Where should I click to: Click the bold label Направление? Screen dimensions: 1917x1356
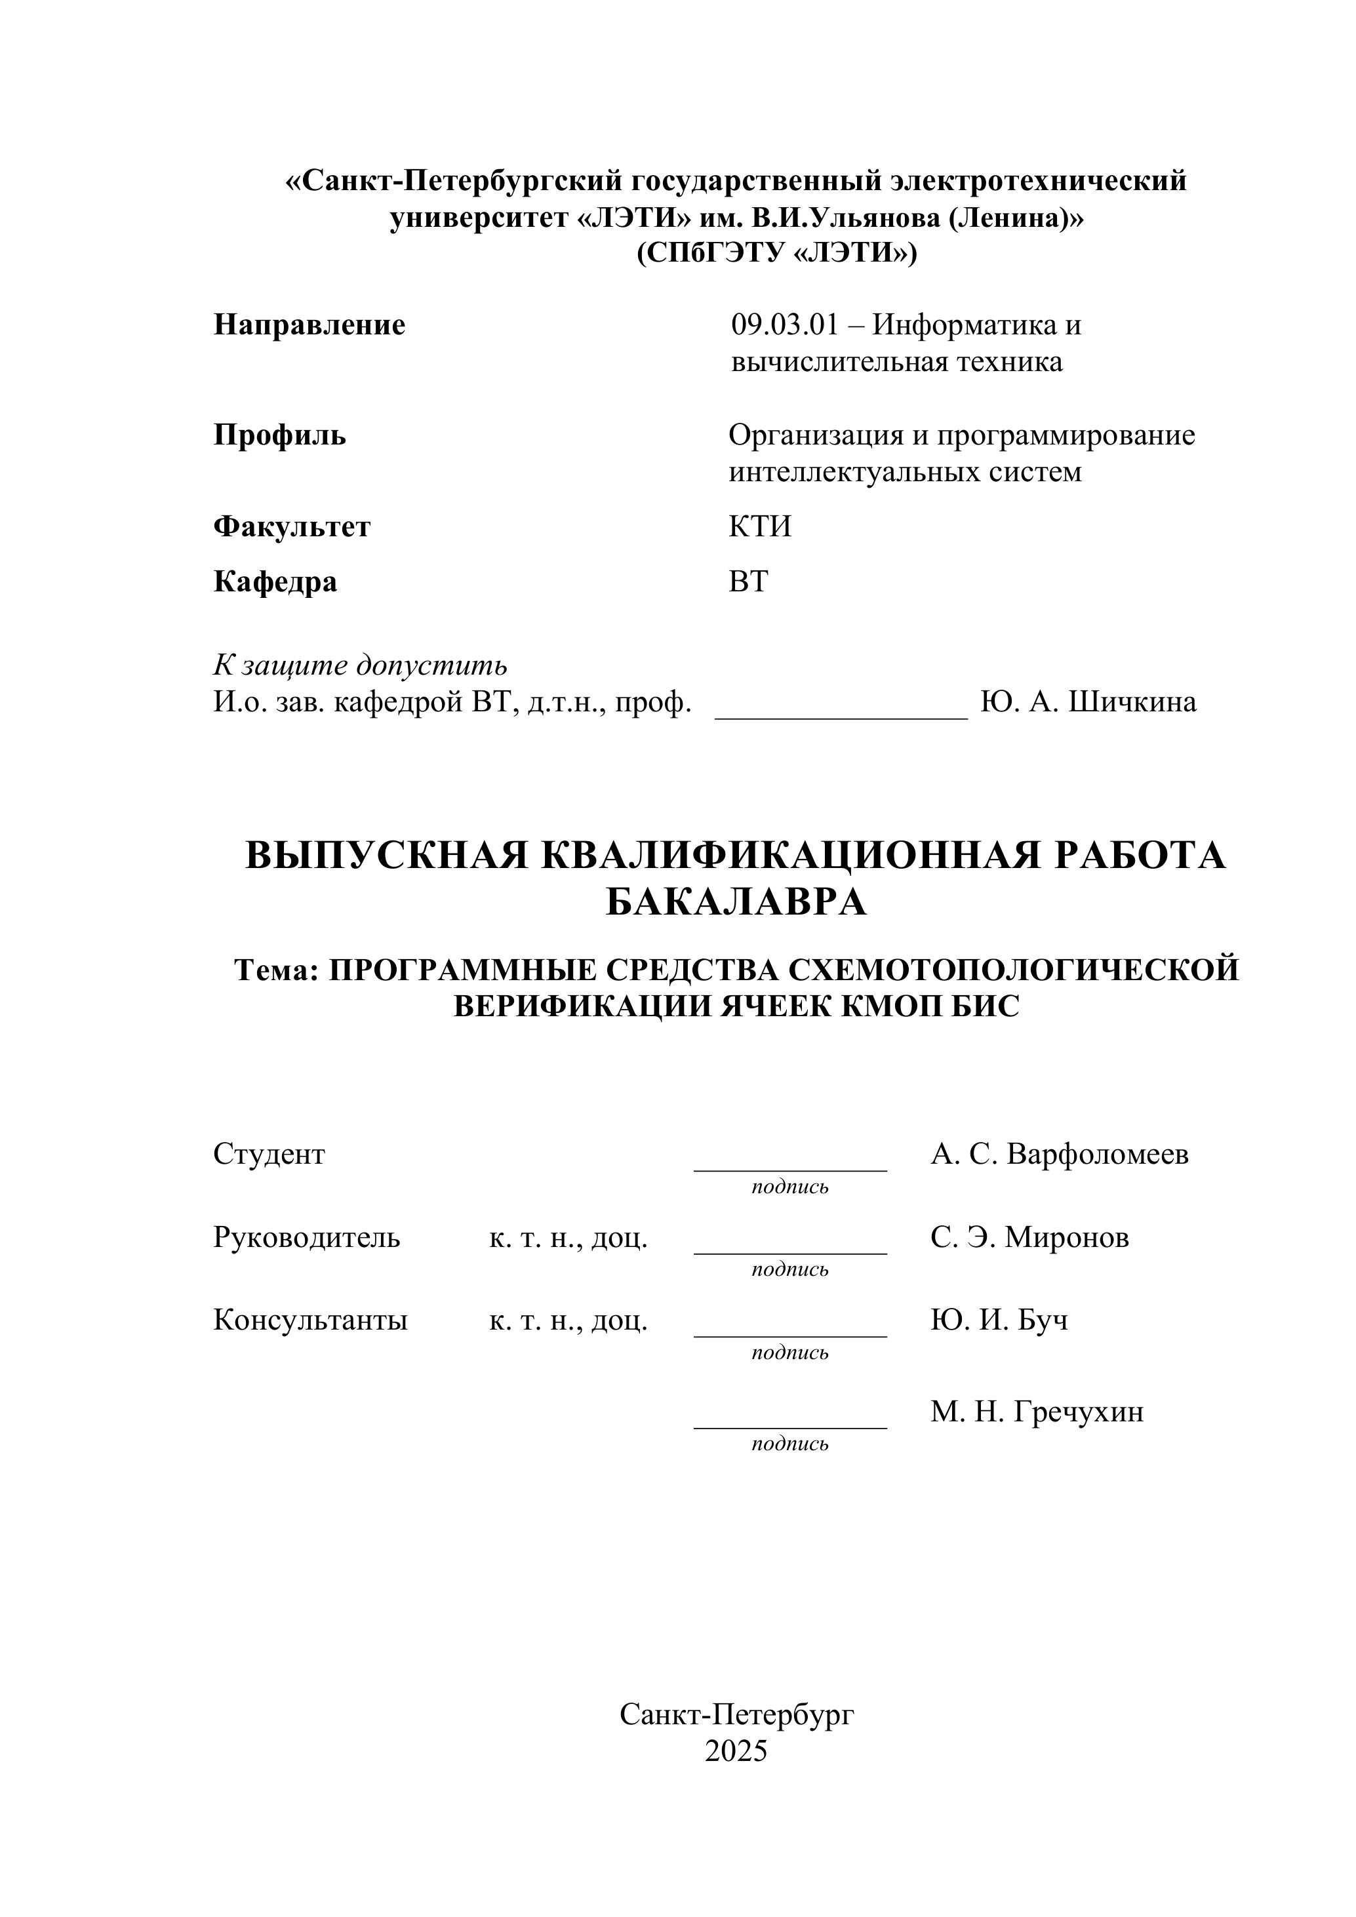[309, 325]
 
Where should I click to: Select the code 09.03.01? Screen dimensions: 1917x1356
[784, 325]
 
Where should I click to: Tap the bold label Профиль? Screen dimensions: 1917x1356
[280, 435]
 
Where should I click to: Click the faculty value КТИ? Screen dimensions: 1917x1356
[760, 527]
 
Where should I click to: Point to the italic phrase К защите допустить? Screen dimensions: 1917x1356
[360, 665]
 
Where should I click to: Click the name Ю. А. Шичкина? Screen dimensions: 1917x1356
[1088, 702]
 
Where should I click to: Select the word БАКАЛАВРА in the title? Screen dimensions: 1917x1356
[736, 903]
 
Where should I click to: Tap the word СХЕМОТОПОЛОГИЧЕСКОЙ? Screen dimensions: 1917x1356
[1013, 970]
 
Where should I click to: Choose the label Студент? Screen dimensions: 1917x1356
[269, 1154]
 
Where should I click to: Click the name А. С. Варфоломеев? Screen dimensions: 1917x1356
[1060, 1154]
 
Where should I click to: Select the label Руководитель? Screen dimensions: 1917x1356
[306, 1236]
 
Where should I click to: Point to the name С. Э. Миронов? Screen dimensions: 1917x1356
[1029, 1236]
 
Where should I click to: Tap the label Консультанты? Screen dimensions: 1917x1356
[311, 1320]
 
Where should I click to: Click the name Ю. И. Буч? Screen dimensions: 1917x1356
[999, 1320]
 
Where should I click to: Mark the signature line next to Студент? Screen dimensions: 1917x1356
[790, 1168]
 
